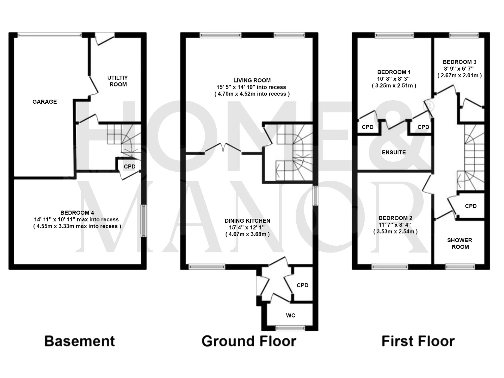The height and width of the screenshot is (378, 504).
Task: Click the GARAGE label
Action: coord(45,102)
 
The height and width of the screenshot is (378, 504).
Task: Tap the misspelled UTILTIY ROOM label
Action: coord(118,81)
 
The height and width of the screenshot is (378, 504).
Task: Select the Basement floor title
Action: coord(80,341)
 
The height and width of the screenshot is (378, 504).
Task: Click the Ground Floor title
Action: coord(249,341)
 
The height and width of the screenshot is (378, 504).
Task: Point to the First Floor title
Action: coord(418,341)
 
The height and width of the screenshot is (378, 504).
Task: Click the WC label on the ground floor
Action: coord(290,315)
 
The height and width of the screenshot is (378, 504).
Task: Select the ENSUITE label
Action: coord(394,152)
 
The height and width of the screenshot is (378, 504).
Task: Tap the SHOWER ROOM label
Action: coord(460,244)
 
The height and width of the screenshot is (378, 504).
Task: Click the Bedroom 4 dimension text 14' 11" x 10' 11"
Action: coord(76,219)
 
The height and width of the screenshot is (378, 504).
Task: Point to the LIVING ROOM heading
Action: coord(252,80)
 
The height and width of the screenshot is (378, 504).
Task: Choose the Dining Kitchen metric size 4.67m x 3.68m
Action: coord(247,234)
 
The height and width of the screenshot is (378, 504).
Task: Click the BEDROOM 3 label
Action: coord(459,62)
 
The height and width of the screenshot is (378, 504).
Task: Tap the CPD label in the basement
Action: coord(130,166)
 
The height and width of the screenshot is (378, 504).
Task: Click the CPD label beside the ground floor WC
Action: coord(302,285)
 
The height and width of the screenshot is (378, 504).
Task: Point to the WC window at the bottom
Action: coord(290,328)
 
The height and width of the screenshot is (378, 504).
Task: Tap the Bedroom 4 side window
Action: coord(144,221)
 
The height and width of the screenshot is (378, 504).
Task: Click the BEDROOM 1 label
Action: coord(394,72)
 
